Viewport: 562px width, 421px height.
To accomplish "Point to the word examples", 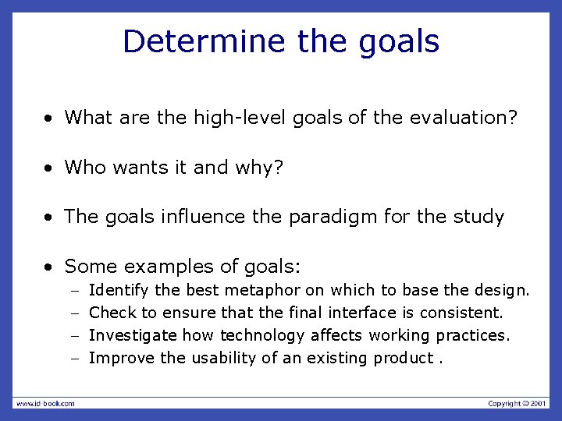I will coord(179,267).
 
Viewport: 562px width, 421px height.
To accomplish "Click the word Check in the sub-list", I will coord(113,313).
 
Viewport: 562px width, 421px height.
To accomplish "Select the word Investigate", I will coord(133,335).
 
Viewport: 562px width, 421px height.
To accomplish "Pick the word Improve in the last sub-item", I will coord(122,358).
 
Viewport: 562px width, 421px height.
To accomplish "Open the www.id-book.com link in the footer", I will coord(44,403).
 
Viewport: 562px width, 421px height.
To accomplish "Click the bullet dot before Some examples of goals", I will coord(49,267).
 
